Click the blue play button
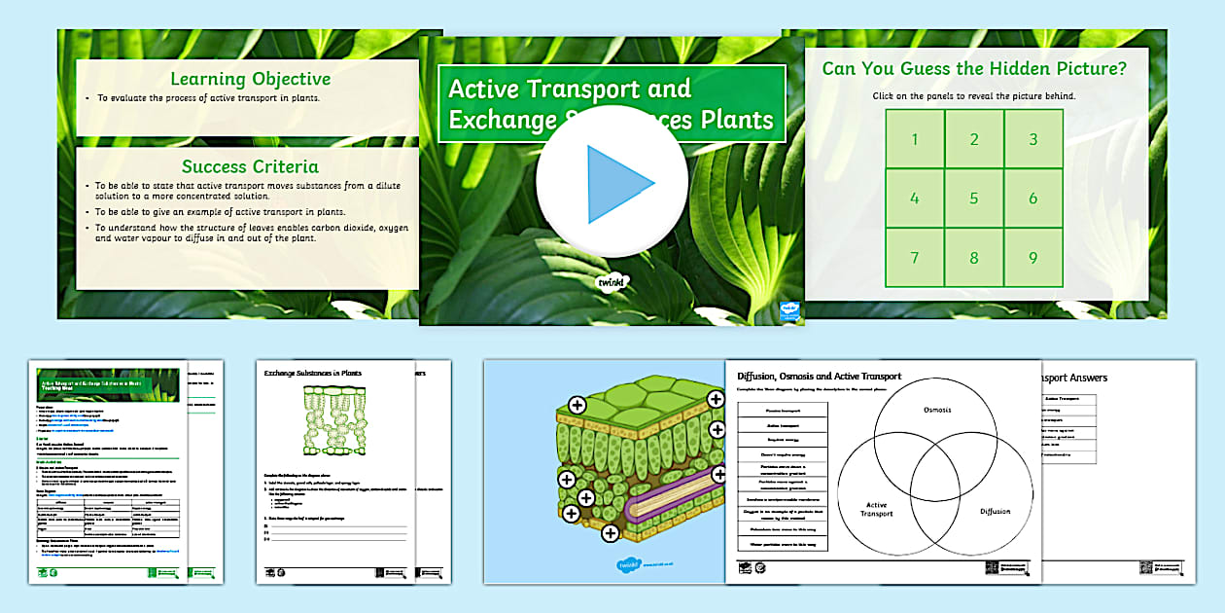point(612,182)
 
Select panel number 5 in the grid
point(974,198)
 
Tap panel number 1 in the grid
point(914,139)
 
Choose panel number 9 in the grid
point(1033,258)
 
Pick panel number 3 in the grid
point(1033,139)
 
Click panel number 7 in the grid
point(914,258)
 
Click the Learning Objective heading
point(250,80)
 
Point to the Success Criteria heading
point(250,166)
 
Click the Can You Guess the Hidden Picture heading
point(974,69)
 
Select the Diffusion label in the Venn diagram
point(995,511)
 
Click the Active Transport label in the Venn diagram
point(876,509)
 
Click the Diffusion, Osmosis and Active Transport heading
point(819,376)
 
